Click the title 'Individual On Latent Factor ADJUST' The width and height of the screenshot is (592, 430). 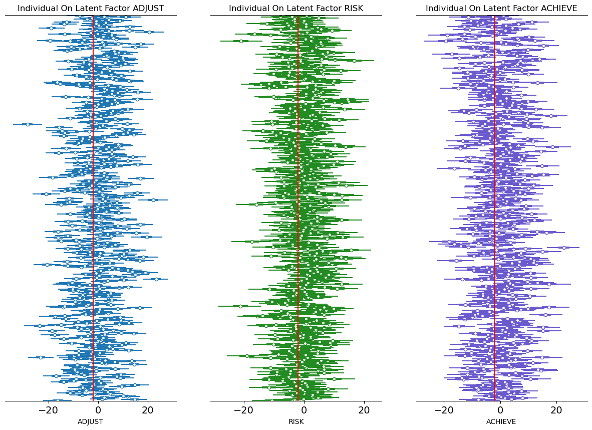91,9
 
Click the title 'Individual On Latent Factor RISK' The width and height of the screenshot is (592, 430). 296,9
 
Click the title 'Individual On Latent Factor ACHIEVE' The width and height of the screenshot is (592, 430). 501,9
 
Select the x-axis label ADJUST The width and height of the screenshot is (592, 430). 91,422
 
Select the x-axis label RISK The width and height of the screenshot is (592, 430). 296,422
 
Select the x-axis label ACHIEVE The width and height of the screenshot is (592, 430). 501,422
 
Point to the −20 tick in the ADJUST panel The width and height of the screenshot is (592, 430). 49,410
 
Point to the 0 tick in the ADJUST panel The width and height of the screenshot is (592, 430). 98,410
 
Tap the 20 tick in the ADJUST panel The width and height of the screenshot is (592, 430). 147,410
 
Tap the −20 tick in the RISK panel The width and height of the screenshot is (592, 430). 244,410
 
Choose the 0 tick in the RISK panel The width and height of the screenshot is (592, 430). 305,410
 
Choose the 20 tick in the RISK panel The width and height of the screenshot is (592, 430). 364,410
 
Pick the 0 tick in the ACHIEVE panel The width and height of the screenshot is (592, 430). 500,410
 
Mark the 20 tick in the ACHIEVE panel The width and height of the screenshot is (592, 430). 556,410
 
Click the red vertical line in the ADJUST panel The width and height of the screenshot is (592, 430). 93,200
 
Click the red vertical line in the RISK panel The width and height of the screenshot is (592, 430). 298,200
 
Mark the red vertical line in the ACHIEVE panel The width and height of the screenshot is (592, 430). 494,200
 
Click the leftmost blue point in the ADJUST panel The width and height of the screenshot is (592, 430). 28,124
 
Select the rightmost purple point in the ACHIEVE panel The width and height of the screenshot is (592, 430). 564,248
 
